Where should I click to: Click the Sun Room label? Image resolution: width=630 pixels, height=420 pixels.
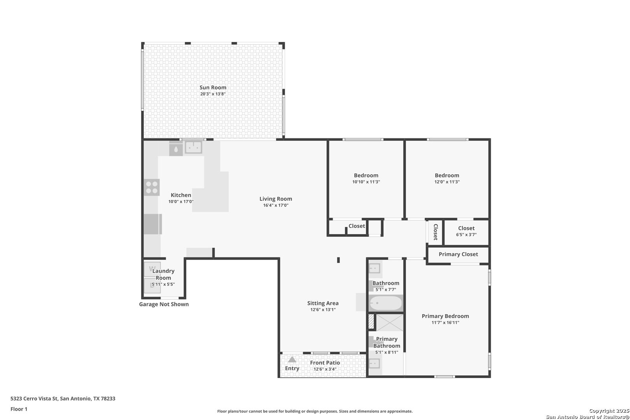click(x=213, y=87)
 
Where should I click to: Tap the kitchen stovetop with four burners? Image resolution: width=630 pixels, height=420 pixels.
click(x=152, y=187)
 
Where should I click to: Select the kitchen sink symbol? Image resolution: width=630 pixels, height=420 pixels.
click(x=194, y=147)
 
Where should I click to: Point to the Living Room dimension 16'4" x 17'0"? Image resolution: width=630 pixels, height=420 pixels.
click(x=276, y=205)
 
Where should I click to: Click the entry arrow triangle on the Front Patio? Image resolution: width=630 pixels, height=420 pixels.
click(x=292, y=359)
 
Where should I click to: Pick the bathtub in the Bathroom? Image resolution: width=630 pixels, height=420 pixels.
click(x=386, y=303)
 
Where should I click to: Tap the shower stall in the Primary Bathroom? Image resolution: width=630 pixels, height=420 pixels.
click(x=390, y=322)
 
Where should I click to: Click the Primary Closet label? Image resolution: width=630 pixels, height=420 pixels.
click(x=458, y=254)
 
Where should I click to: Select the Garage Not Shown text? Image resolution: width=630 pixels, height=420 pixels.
click(x=164, y=304)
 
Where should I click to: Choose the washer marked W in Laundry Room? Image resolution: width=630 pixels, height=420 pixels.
click(x=152, y=269)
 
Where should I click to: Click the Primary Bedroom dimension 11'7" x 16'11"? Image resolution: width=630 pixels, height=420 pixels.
click(x=445, y=323)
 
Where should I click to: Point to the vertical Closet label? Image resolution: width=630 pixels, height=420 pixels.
click(x=436, y=232)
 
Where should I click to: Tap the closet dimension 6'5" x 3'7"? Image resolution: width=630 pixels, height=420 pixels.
click(x=466, y=234)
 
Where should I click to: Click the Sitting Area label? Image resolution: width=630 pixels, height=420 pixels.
click(x=323, y=303)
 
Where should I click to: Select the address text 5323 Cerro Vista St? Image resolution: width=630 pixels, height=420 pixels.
click(x=34, y=398)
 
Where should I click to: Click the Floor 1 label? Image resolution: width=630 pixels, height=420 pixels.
click(x=19, y=409)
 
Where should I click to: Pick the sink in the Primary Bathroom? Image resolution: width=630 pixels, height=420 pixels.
click(x=374, y=364)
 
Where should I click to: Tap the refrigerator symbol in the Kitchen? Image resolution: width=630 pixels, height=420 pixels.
click(x=153, y=224)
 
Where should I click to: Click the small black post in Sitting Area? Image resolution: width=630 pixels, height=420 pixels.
click(x=338, y=260)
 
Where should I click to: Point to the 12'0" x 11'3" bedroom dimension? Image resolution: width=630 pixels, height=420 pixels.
click(x=447, y=182)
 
